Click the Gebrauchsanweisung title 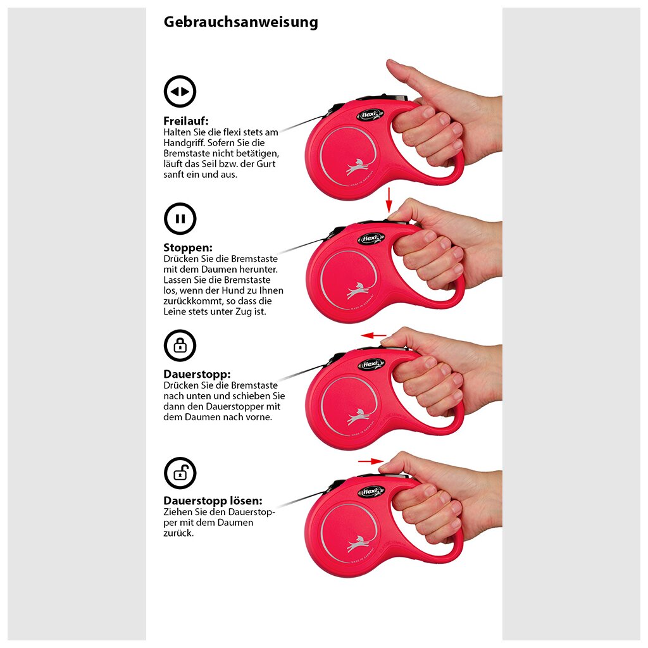[241, 22]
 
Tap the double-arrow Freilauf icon [180, 91]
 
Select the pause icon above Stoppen [180, 218]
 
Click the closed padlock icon [180, 346]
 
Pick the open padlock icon [180, 473]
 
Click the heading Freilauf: [186, 121]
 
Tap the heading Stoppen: [188, 248]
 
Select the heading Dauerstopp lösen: [213, 501]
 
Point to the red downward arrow [389, 200]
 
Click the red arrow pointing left [373, 335]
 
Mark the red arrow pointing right [371, 461]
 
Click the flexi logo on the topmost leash [369, 115]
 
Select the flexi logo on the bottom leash [371, 492]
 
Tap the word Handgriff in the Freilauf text [184, 144]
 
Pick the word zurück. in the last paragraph [178, 533]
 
